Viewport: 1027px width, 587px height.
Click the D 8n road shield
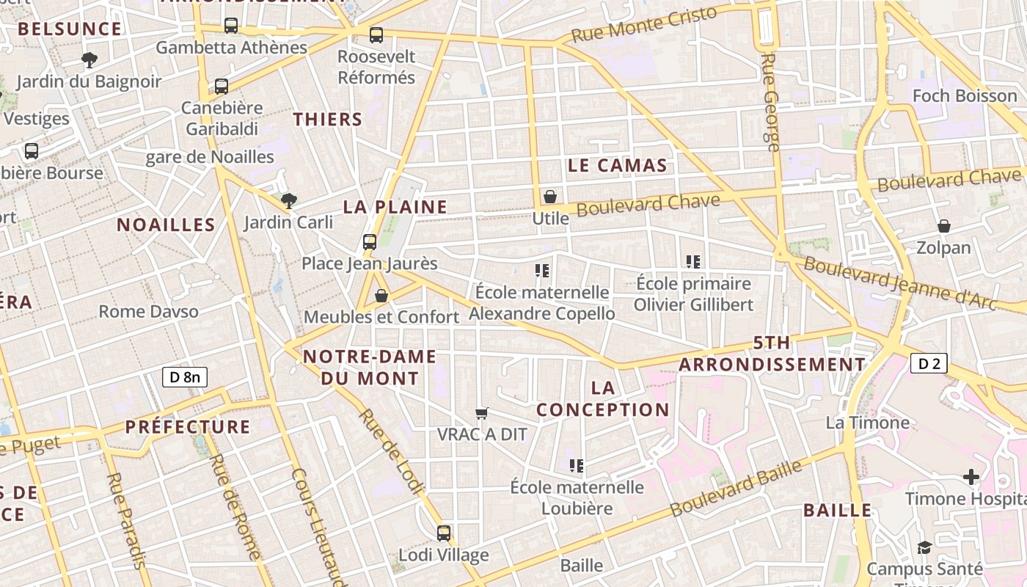[185, 377]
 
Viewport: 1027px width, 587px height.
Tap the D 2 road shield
[929, 362]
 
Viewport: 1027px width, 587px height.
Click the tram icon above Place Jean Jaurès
[370, 241]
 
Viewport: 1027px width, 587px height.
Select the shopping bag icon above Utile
[550, 197]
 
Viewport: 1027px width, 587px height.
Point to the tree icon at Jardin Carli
[289, 200]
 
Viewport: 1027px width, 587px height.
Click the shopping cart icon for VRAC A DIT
[481, 413]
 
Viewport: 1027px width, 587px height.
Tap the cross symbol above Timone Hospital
[971, 478]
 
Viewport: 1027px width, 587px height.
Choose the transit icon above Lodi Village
[444, 533]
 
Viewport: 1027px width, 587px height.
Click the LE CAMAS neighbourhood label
[618, 166]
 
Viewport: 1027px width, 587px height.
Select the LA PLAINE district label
[395, 207]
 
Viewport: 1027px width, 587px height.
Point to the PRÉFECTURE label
[188, 427]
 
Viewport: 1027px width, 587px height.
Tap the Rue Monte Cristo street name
[643, 25]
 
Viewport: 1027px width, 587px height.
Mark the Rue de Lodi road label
[391, 453]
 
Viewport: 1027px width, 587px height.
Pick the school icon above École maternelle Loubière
[577, 465]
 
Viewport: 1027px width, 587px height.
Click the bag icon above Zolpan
[943, 226]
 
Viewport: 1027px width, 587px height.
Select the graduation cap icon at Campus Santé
[924, 547]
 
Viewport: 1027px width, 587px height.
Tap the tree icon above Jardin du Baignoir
[89, 59]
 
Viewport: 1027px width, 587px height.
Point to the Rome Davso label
[149, 311]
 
